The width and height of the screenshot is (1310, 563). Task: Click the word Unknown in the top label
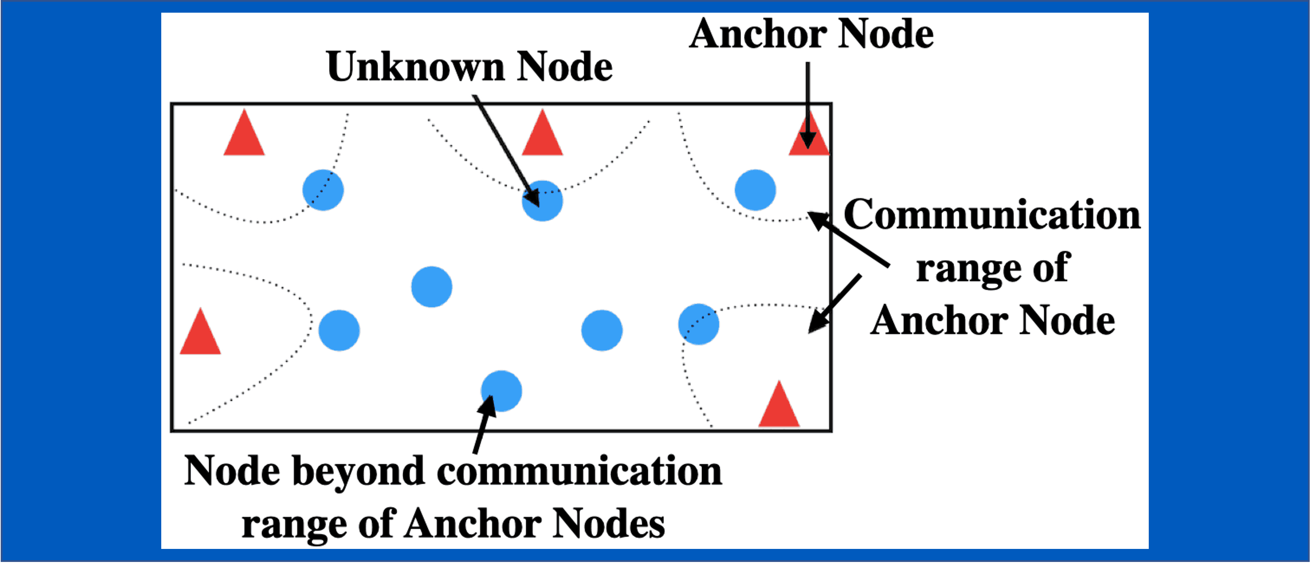point(415,67)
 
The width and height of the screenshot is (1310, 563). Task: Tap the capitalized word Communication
point(992,215)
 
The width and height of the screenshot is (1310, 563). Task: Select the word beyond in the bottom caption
point(358,471)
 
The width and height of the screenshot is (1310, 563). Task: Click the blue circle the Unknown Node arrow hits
point(542,201)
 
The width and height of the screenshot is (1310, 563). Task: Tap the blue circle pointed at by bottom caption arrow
point(501,390)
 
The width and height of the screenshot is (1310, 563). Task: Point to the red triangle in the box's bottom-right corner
point(779,407)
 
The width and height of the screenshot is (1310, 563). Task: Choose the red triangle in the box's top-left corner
point(244,135)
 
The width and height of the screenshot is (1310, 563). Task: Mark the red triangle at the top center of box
point(542,135)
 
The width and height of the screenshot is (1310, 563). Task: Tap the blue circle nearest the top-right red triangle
point(755,190)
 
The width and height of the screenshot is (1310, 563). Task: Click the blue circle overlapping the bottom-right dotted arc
point(698,324)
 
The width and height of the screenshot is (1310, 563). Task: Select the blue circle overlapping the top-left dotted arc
point(323,190)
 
